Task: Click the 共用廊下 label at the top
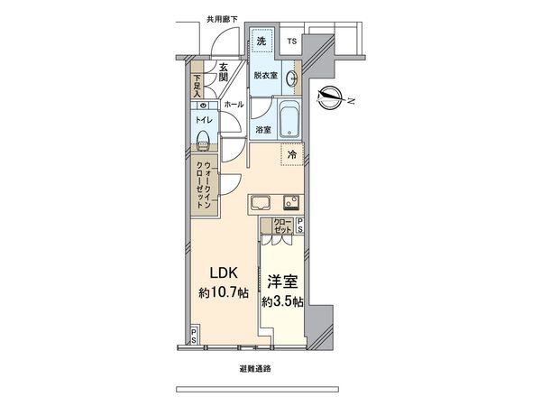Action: click(x=222, y=18)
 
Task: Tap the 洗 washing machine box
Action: click(x=261, y=42)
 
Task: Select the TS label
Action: click(x=291, y=42)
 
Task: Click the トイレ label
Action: click(x=204, y=118)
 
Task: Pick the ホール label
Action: click(x=234, y=105)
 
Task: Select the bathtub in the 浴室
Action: click(x=289, y=118)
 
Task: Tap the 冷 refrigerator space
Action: click(x=291, y=155)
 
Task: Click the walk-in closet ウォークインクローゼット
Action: click(x=203, y=183)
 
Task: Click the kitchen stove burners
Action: click(x=290, y=200)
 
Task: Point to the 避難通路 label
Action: click(x=257, y=369)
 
